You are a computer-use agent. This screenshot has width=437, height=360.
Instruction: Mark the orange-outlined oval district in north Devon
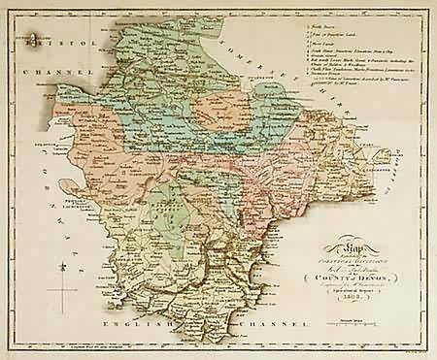(x=222, y=113)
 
